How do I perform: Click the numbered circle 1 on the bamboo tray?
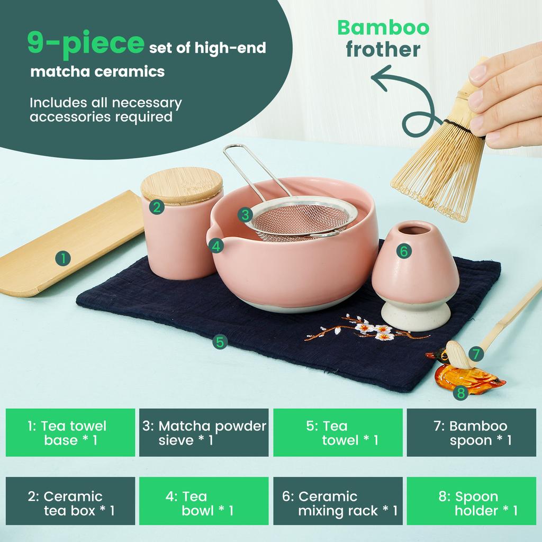tap(63, 259)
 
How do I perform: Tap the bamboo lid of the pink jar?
tap(182, 185)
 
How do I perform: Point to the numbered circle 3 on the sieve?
tap(244, 214)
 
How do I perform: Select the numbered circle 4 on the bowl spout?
tap(215, 246)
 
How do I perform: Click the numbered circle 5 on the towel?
tap(220, 341)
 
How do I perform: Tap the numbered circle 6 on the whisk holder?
tap(403, 251)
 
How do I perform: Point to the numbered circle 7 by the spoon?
tap(476, 354)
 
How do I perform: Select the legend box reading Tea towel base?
tap(70, 432)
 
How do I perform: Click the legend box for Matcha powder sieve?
tap(204, 432)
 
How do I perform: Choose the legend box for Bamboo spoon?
tap(471, 432)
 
